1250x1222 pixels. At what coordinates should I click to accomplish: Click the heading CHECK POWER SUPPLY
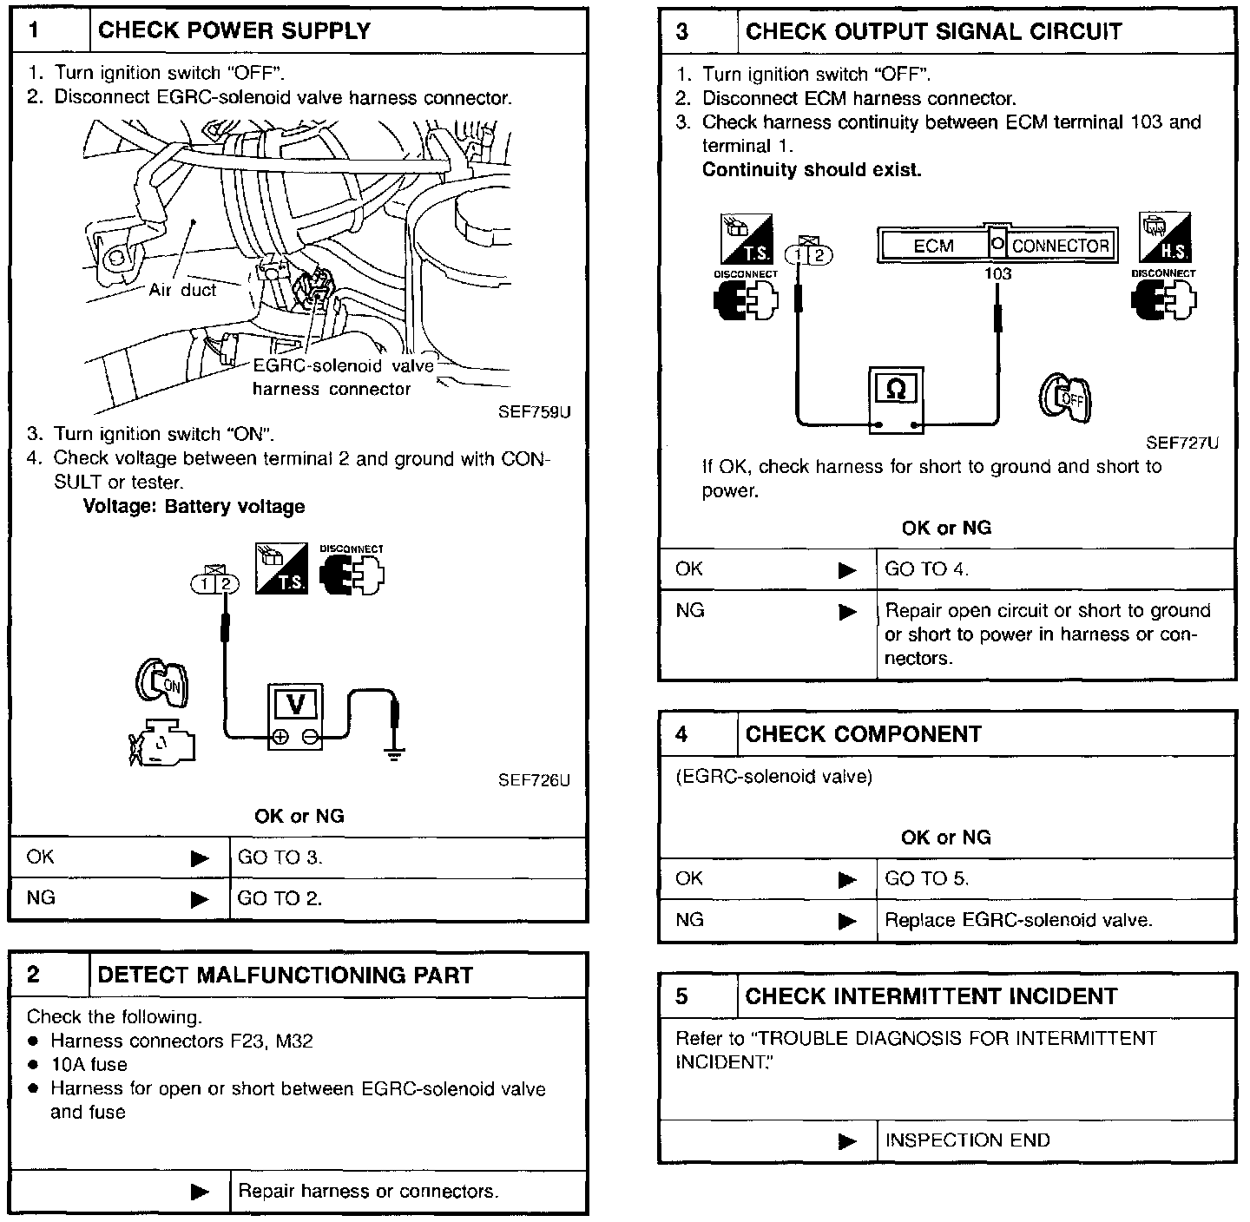click(x=234, y=31)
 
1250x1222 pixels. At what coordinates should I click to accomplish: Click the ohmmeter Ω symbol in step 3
click(x=897, y=391)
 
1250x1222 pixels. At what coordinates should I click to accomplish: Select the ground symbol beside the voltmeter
click(x=396, y=748)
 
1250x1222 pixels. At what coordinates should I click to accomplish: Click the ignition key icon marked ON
click(x=161, y=681)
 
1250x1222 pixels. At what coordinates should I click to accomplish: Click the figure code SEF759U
click(x=534, y=412)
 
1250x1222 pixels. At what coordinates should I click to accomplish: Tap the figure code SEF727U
click(x=1182, y=443)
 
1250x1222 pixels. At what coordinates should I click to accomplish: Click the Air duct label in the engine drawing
click(x=182, y=290)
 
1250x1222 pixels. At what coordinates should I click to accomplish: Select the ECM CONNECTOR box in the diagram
click(x=997, y=246)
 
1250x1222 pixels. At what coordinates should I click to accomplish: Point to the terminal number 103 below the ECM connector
click(x=997, y=273)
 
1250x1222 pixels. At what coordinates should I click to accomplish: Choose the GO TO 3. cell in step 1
click(x=280, y=857)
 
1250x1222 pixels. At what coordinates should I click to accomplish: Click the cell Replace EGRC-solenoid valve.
click(x=1018, y=920)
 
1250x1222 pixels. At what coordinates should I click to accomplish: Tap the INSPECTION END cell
click(x=967, y=1140)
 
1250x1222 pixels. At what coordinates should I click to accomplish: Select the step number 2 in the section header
click(x=33, y=975)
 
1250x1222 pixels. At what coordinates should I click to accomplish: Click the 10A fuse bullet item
click(x=89, y=1064)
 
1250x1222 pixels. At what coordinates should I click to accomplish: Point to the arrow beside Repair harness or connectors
click(x=200, y=1192)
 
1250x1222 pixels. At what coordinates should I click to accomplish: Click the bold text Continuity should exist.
click(x=812, y=170)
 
